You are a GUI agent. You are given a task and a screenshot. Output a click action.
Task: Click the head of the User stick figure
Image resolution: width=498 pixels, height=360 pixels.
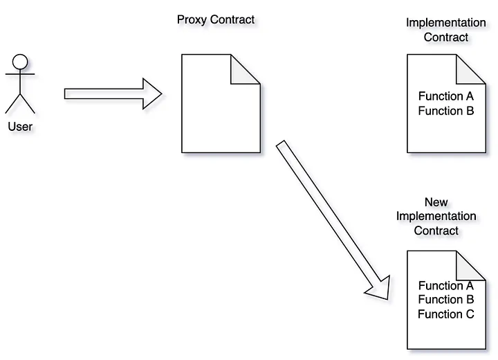coord(19,61)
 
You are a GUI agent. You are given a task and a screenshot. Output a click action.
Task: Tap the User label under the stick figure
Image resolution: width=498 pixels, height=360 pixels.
coord(20,127)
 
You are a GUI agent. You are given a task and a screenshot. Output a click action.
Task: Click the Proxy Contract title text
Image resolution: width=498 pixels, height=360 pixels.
coord(216,19)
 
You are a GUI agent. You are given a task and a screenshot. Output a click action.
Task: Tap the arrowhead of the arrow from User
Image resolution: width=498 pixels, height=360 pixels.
coord(151,93)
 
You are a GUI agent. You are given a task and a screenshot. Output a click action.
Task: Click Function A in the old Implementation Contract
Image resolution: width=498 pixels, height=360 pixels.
coord(446,96)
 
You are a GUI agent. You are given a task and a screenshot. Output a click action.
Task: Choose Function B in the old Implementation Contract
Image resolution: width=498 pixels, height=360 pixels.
coord(446,111)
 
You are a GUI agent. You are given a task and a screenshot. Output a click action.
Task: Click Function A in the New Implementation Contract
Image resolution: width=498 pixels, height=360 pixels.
coord(446,285)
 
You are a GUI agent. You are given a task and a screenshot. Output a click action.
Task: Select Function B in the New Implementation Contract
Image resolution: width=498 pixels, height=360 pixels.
coord(446,300)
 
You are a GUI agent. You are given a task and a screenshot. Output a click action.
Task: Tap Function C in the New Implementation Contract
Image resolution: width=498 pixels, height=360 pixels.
coord(446,314)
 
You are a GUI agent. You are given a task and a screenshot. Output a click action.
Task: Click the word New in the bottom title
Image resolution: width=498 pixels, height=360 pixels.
coord(436,202)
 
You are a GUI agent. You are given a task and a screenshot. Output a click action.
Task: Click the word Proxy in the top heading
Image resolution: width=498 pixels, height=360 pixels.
coord(192,19)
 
